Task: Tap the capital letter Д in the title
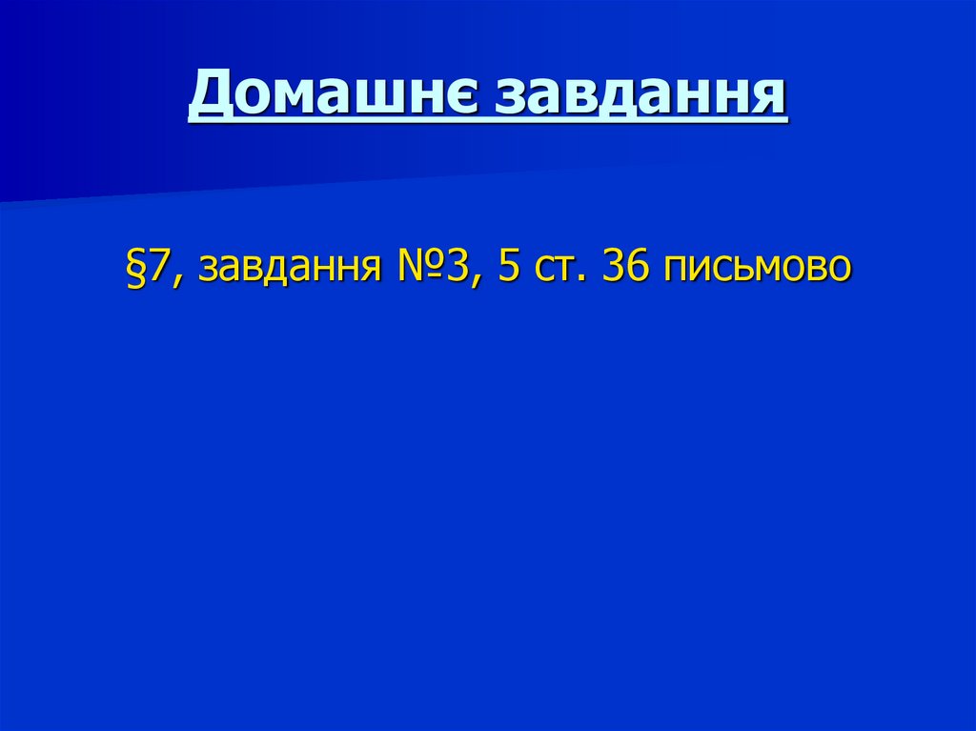point(208,97)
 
